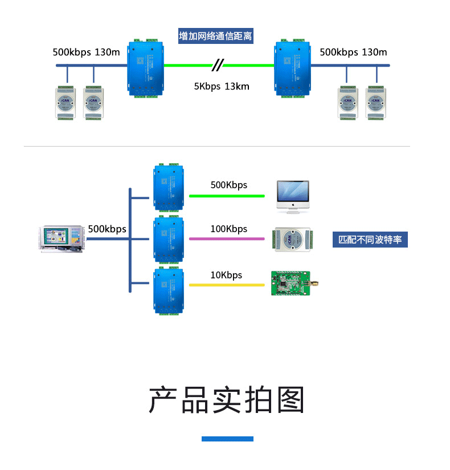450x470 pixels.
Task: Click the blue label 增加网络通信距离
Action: [x=215, y=36]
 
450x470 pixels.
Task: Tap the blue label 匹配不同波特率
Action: [x=370, y=240]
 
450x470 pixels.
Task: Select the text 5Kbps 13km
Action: [x=222, y=87]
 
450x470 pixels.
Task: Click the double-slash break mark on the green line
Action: [x=216, y=65]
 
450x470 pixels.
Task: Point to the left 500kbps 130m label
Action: [x=86, y=52]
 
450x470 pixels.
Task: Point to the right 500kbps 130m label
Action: [x=353, y=52]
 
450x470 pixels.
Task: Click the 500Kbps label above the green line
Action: [x=228, y=185]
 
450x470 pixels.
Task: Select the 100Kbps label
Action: [x=228, y=229]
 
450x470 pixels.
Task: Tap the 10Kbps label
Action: [x=226, y=275]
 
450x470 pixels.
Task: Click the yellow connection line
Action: [x=226, y=285]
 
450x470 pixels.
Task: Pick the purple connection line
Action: [x=226, y=238]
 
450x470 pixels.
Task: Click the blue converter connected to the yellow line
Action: [x=169, y=291]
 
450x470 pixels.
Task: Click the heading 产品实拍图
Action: [x=227, y=399]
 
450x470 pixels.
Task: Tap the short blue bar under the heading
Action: [x=227, y=439]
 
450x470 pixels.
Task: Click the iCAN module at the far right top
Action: [x=375, y=103]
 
